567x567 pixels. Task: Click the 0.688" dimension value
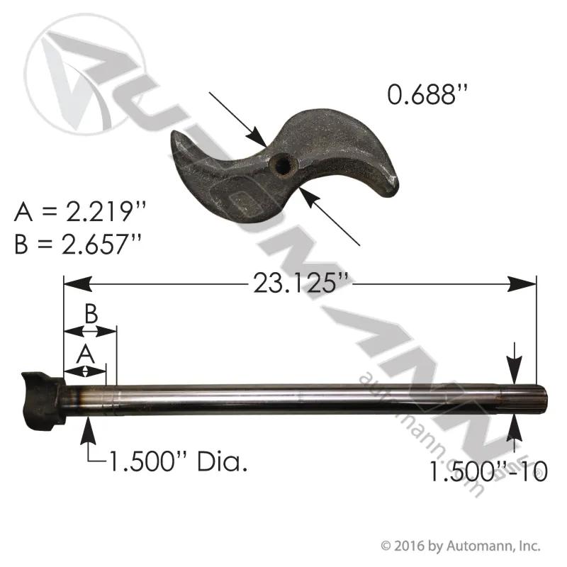point(427,95)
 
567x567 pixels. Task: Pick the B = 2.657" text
point(77,244)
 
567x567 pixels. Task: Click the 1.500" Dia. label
point(178,461)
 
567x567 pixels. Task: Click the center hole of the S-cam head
point(283,167)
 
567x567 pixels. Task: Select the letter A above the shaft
point(85,354)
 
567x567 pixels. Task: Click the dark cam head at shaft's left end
point(43,400)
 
